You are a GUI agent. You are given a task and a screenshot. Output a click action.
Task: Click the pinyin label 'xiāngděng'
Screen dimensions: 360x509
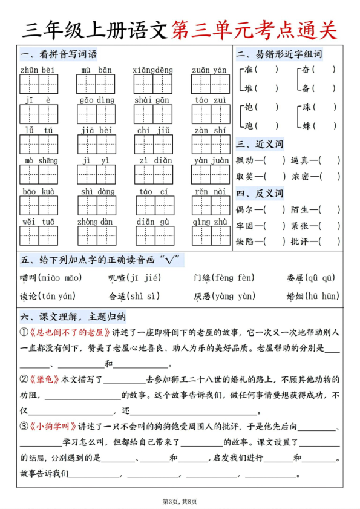pos(153,70)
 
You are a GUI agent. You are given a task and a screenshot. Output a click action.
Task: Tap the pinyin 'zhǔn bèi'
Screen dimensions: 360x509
pos(38,70)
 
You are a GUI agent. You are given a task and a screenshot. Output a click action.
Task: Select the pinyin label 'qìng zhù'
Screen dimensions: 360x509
pos(211,222)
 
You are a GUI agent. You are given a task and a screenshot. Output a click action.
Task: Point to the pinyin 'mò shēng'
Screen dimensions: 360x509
pos(38,160)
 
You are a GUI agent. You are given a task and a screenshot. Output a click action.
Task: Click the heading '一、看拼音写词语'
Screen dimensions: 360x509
pos(59,54)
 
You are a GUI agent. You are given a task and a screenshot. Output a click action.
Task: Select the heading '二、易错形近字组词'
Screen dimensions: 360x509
pos(279,54)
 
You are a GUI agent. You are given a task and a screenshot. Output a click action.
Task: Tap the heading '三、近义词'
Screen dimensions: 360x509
pos(260,144)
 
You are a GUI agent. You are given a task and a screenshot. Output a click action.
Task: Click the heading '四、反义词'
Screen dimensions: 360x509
pos(260,194)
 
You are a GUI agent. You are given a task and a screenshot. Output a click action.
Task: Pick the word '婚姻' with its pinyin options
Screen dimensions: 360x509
pos(295,297)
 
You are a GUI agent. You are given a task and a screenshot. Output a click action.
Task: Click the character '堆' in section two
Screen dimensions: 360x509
pos(248,88)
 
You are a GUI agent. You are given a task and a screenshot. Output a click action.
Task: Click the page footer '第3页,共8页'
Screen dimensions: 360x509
pos(180,501)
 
